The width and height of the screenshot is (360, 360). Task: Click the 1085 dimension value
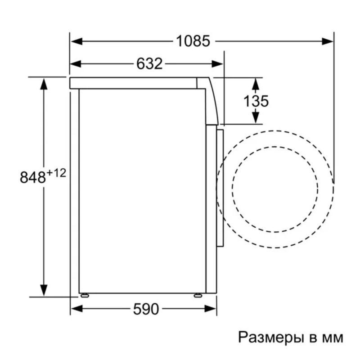pyautogui.click(x=193, y=41)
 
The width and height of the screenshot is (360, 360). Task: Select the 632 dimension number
pyautogui.click(x=149, y=63)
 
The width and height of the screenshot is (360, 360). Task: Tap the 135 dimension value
pyautogui.click(x=256, y=101)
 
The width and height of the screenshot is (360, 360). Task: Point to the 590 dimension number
pyautogui.click(x=146, y=309)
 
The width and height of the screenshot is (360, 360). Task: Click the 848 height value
pyautogui.click(x=33, y=177)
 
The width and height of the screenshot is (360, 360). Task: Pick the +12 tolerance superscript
pyautogui.click(x=56, y=173)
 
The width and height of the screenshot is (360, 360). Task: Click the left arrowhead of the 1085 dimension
pyautogui.click(x=76, y=41)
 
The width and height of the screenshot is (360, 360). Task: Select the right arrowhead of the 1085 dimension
pyautogui.click(x=328, y=41)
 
